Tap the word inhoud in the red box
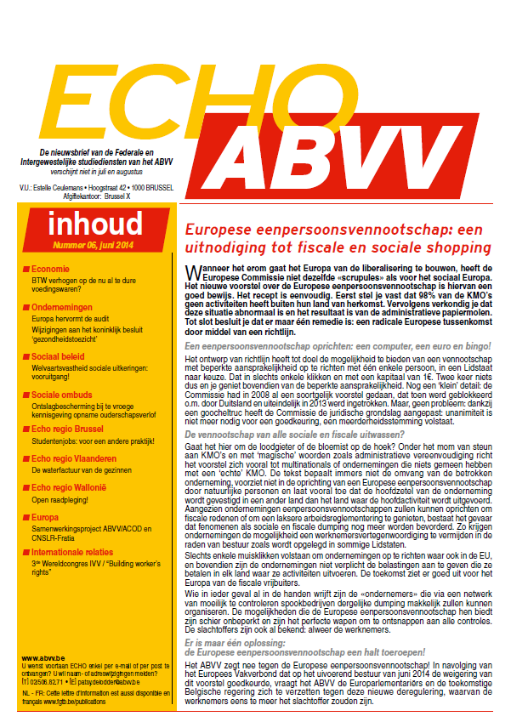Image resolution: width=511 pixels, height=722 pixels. coord(95,224)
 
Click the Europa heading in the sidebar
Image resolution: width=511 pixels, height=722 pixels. coord(46,518)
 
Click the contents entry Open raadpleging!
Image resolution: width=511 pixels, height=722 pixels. coord(62,500)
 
